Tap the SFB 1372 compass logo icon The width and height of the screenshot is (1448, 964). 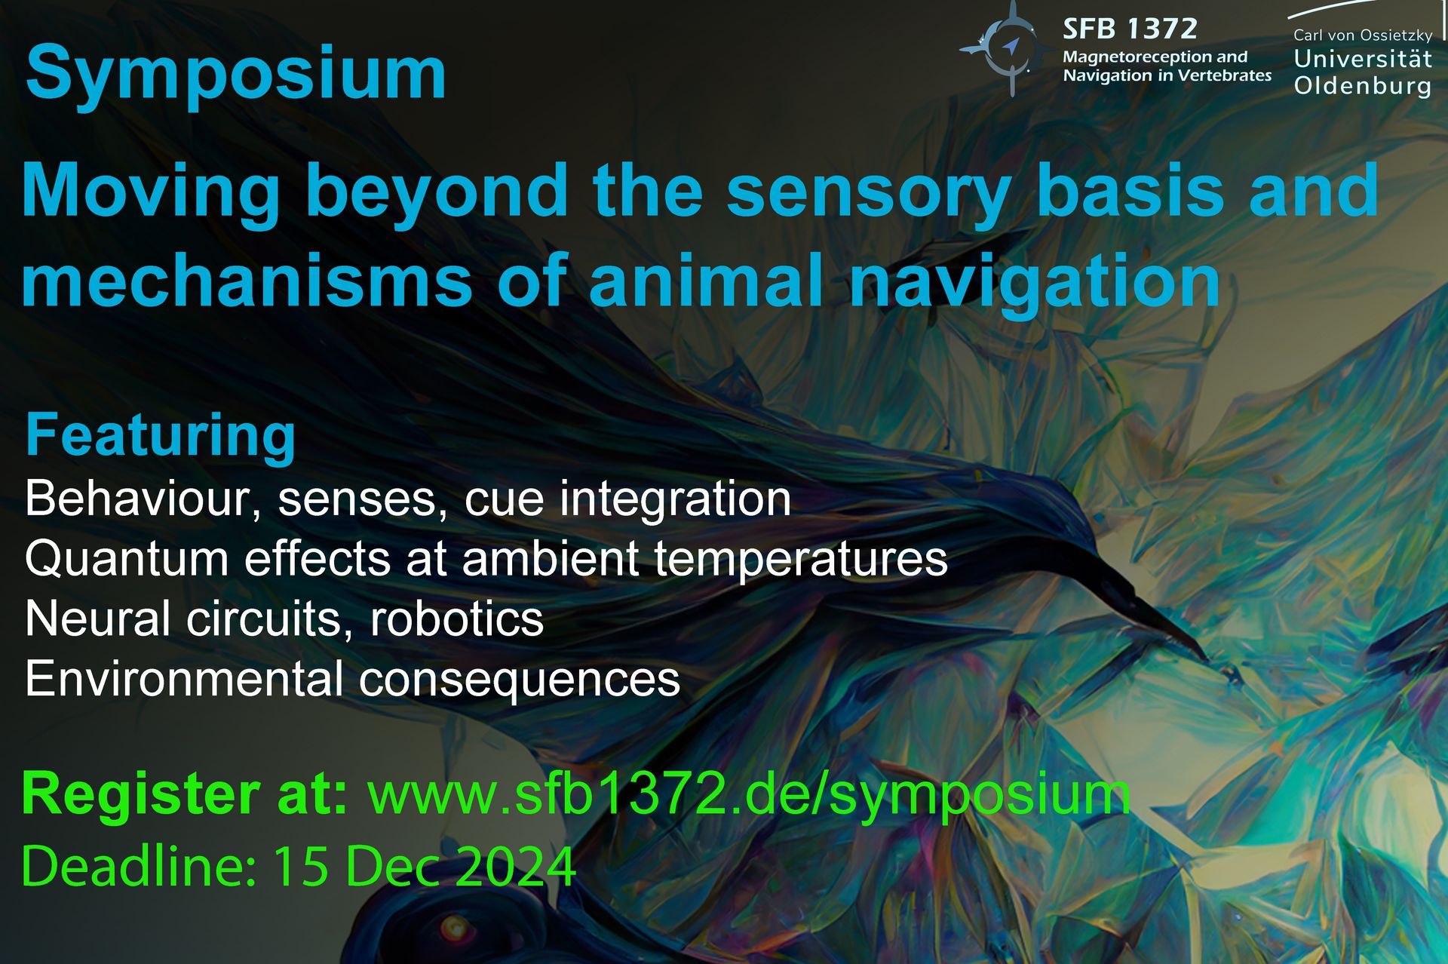(1009, 48)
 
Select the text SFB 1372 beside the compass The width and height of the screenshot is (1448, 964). (1130, 29)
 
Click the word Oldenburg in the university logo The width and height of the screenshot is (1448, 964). (1362, 86)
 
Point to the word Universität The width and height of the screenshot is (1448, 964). (1362, 59)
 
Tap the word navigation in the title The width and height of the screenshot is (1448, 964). (1034, 281)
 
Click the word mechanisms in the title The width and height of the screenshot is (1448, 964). (247, 281)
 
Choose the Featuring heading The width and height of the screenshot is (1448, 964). (161, 435)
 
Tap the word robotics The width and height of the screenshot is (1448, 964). (456, 619)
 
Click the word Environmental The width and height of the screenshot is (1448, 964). (184, 679)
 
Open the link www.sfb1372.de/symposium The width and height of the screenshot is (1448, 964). (749, 795)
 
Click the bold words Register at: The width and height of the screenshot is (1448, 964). (185, 794)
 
